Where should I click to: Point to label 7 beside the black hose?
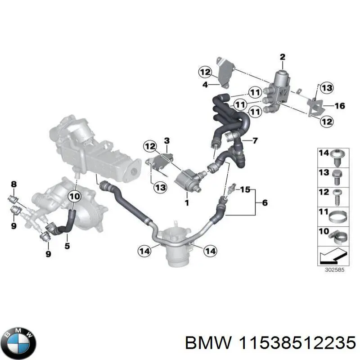pyautogui.click(x=255, y=141)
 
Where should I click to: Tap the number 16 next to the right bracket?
pyautogui.click(x=340, y=106)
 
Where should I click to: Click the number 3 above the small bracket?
pyautogui.click(x=166, y=141)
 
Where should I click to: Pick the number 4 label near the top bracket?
pyautogui.click(x=204, y=84)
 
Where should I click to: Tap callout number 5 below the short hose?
pyautogui.click(x=67, y=246)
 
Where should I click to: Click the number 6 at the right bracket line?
pyautogui.click(x=265, y=203)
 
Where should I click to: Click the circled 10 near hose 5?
pyautogui.click(x=75, y=196)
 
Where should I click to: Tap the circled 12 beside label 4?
pyautogui.click(x=205, y=72)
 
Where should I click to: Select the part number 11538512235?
pyautogui.click(x=295, y=343)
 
